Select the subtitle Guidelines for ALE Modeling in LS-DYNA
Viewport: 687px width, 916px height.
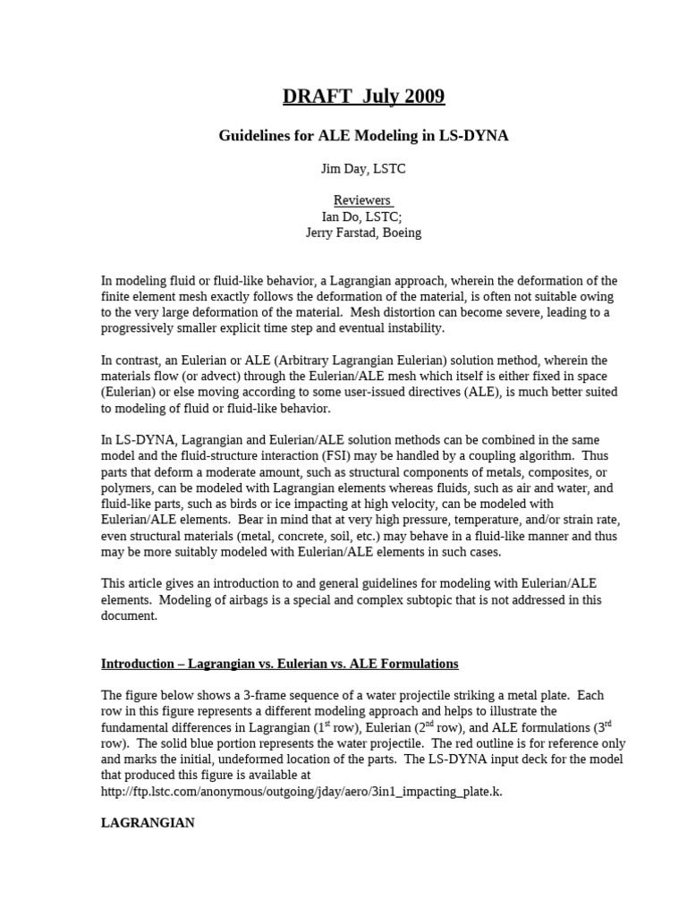[364, 136]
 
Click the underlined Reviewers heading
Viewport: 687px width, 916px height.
[363, 200]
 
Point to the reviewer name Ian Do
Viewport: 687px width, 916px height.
[343, 216]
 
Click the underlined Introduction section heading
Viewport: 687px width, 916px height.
[279, 664]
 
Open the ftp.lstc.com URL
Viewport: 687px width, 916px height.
[301, 792]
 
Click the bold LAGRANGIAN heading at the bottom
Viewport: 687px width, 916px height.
[148, 823]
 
